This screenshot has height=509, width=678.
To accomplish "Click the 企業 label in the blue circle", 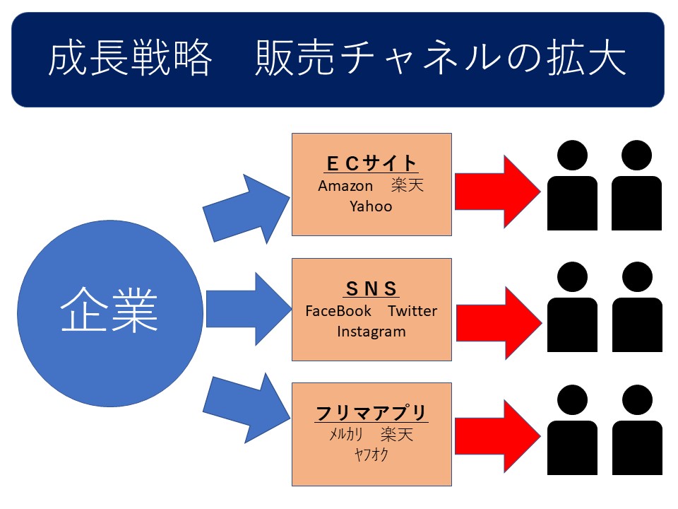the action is point(109,310).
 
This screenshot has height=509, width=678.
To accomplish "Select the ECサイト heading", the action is point(371,163).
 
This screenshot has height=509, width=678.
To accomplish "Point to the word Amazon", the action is point(345,186).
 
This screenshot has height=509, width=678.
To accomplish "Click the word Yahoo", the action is point(371,206).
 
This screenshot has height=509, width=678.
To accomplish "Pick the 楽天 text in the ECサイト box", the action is point(407,185).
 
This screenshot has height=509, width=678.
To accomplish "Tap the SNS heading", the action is point(371,288).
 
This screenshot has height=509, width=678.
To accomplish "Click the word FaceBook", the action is point(338,311).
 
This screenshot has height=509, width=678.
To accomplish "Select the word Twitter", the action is point(412,311).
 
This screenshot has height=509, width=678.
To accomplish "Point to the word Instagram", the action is point(371,332).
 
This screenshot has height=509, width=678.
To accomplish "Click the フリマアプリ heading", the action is point(371,414).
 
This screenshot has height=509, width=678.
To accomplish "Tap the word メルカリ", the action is point(346,434).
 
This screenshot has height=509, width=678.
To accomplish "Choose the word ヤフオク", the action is point(371,455).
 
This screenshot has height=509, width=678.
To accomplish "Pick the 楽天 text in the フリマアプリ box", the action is point(396,434).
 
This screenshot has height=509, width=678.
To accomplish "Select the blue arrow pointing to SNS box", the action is point(249,309).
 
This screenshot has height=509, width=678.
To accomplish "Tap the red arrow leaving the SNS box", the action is point(499,323).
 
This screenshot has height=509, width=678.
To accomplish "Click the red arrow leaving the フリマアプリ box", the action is point(497,436).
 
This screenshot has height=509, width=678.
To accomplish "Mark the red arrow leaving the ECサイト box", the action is point(497,192).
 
